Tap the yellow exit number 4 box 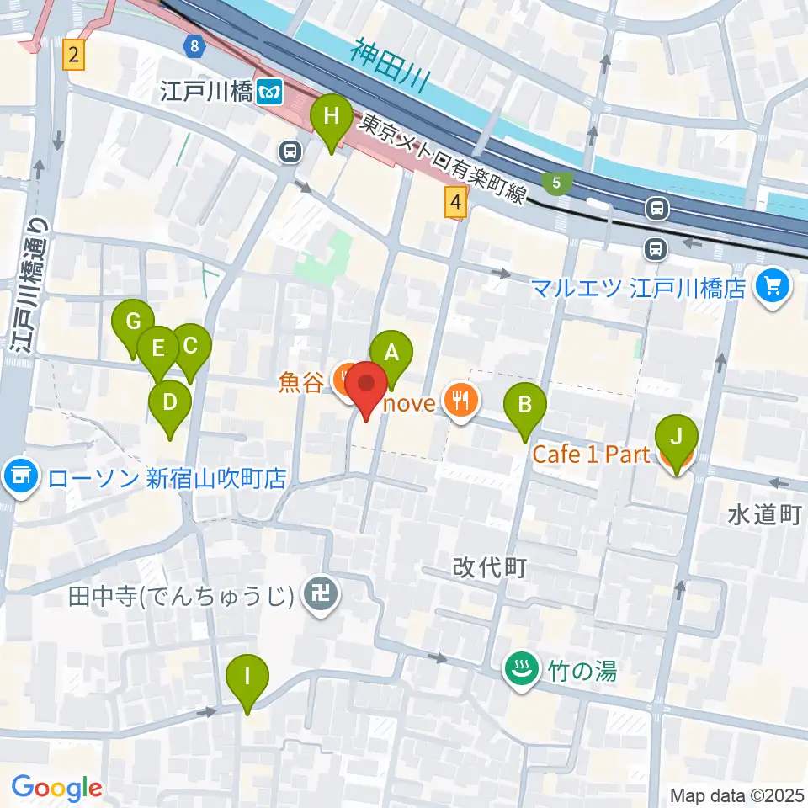(455, 203)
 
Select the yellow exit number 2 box (75, 56)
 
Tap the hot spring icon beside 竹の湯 (520, 671)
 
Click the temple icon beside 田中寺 (321, 597)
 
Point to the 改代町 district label (489, 568)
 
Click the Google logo (57, 788)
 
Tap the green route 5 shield (555, 182)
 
